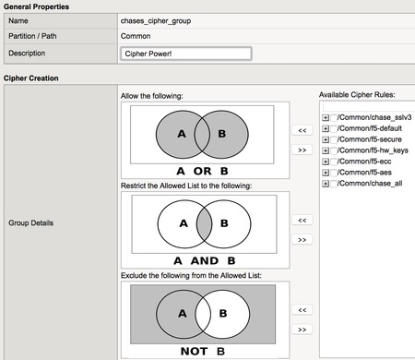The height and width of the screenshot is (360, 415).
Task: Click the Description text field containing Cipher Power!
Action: pyautogui.click(x=186, y=54)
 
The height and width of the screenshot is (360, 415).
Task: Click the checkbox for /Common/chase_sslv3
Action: pyautogui.click(x=334, y=117)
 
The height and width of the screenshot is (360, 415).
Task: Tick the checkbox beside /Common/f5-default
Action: pyautogui.click(x=334, y=128)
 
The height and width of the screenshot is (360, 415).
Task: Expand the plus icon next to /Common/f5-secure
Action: pyautogui.click(x=326, y=139)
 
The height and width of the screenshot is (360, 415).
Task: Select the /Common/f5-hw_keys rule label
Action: pyautogui.click(x=373, y=150)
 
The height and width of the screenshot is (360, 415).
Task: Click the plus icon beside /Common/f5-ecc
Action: pyautogui.click(x=326, y=162)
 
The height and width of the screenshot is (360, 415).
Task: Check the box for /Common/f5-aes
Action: pyautogui.click(x=334, y=173)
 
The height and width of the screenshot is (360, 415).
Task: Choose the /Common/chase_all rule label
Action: pyautogui.click(x=370, y=184)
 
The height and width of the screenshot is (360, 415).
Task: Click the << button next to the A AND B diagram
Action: pyautogui.click(x=302, y=220)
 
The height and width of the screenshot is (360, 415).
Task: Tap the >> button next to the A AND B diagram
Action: pyautogui.click(x=302, y=239)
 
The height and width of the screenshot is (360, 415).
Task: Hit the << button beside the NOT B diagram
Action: pyautogui.click(x=302, y=309)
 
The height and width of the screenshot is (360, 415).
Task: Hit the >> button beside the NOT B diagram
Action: pyautogui.click(x=302, y=330)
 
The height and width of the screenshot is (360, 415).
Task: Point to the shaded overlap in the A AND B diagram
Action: pyautogui.click(x=204, y=224)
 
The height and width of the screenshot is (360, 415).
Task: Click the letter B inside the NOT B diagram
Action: pyautogui.click(x=223, y=313)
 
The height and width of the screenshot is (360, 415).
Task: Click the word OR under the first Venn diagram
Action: pyautogui.click(x=202, y=171)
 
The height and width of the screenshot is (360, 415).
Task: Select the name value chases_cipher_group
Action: pyautogui.click(x=156, y=21)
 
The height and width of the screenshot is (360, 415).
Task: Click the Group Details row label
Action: pyautogui.click(x=30, y=222)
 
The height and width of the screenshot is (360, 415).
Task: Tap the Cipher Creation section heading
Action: pyautogui.click(x=31, y=78)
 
